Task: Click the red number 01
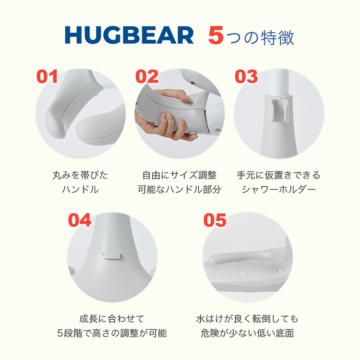coord(47,77)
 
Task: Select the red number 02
coord(146,77)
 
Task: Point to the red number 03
coord(246,77)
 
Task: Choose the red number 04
coord(80,220)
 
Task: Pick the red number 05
coord(215,220)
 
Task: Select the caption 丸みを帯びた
coord(80,175)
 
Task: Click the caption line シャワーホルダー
coord(278,190)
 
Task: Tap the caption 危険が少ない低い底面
coord(247,333)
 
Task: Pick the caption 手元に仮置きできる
coord(278,175)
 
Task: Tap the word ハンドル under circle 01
coord(80,190)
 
